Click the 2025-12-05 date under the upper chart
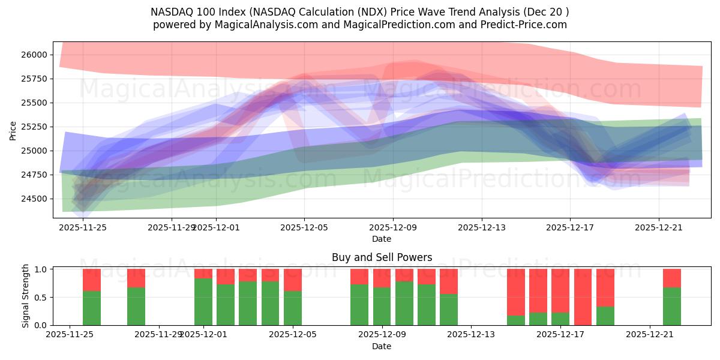[x=304, y=227]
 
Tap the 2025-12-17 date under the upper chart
[x=570, y=227]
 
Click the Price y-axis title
[x=13, y=130]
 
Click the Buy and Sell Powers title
[x=382, y=257]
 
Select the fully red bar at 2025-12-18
[x=583, y=297]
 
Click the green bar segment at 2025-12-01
[x=203, y=302]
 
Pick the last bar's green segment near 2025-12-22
[x=672, y=307]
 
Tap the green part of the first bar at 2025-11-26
[x=92, y=308]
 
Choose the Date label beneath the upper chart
[x=382, y=239]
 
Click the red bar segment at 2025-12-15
[x=516, y=292]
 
